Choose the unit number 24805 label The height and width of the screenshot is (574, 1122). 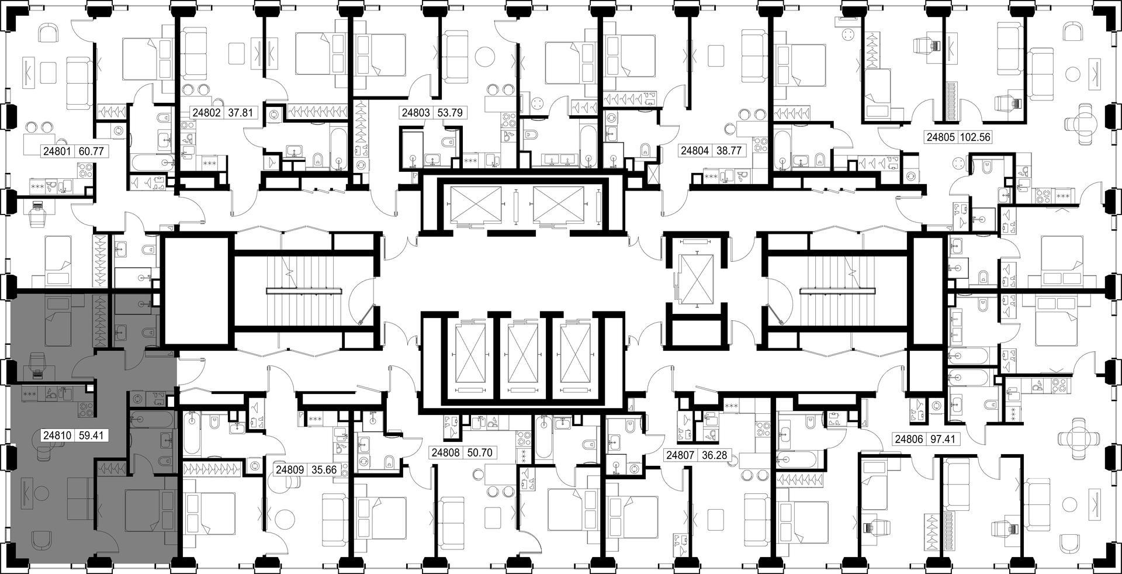(x=939, y=138)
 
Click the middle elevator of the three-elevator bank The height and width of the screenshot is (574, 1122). (x=523, y=357)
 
